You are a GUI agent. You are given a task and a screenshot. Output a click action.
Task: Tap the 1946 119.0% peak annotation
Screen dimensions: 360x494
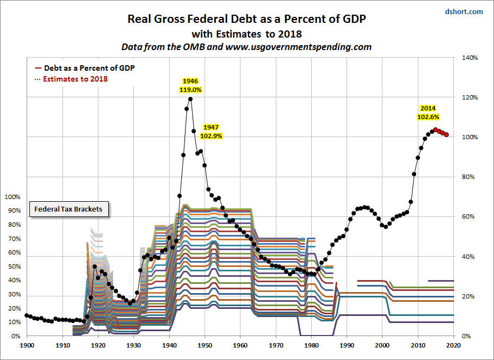[190, 85]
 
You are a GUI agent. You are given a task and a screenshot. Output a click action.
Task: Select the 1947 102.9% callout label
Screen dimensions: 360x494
[211, 131]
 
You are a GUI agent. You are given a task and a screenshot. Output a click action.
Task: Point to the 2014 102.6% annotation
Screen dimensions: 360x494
[428, 113]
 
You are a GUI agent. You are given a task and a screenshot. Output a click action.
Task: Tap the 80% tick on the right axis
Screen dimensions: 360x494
[468, 177]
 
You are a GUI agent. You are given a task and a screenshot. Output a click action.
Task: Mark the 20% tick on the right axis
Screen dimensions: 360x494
[468, 296]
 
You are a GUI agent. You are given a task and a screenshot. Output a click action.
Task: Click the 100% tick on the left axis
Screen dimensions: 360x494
[13, 197]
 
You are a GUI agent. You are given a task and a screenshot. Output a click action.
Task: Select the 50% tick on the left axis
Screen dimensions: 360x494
[14, 267]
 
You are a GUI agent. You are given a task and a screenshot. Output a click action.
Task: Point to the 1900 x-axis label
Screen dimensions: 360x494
[27, 345]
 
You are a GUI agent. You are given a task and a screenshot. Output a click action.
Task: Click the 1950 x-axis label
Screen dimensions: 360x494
[205, 345]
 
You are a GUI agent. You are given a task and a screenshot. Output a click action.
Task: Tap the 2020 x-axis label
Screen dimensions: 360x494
[454, 345]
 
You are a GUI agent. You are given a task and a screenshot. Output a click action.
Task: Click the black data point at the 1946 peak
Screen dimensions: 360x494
[190, 98]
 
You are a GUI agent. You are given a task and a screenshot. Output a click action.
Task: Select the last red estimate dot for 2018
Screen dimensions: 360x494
[447, 135]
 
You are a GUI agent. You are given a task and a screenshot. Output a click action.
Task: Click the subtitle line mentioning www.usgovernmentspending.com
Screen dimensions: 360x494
[246, 47]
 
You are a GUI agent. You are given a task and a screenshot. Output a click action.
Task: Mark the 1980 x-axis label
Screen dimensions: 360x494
[311, 345]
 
